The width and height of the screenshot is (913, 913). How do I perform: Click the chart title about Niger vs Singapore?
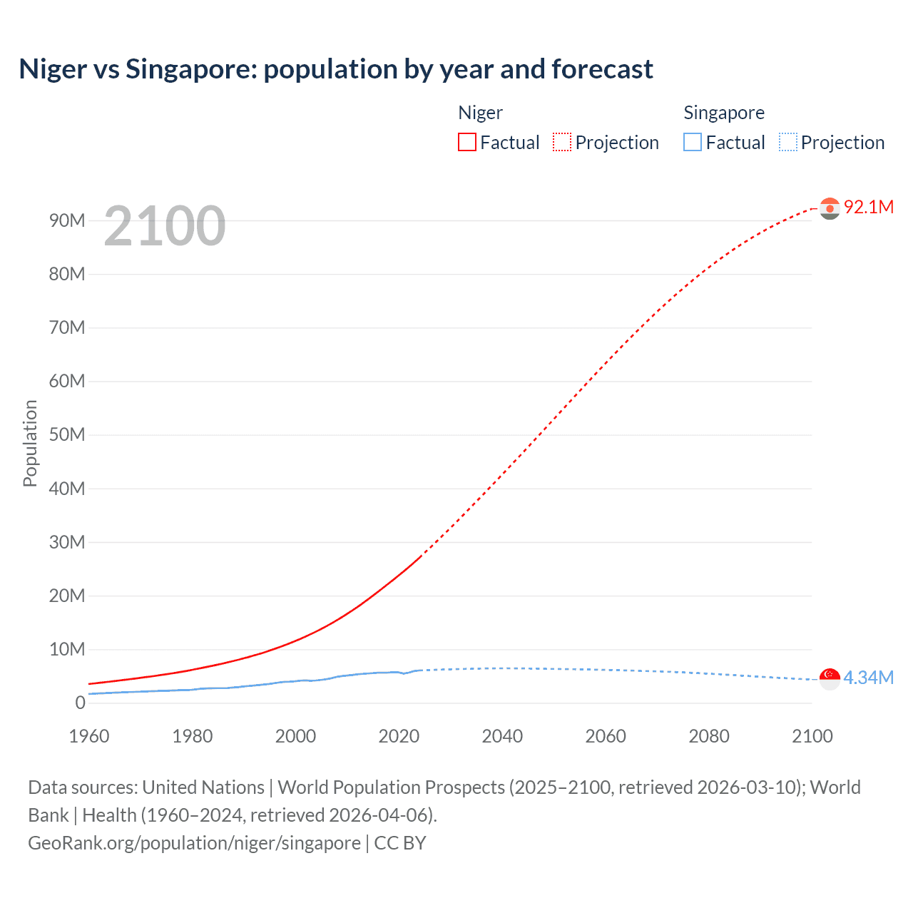[336, 69]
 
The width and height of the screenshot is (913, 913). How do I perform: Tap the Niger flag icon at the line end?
[830, 208]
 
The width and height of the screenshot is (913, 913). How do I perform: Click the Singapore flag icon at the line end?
[830, 678]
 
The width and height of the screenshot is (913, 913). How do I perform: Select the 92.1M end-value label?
[868, 207]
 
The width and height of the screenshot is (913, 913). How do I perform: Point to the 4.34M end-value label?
[868, 678]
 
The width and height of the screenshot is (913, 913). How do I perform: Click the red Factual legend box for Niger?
[467, 142]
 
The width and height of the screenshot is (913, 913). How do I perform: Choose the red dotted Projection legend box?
[562, 142]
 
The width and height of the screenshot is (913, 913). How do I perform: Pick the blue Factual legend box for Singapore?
[693, 142]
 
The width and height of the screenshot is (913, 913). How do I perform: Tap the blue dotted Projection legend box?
[788, 142]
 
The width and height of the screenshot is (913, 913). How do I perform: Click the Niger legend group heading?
[480, 113]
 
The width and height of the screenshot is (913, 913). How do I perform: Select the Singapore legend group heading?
[724, 113]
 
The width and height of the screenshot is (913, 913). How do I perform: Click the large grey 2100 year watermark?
[165, 226]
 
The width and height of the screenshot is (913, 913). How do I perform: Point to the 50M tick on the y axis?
[67, 435]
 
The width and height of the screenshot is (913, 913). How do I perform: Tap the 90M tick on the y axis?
[67, 220]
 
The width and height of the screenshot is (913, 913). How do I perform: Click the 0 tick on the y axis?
[80, 703]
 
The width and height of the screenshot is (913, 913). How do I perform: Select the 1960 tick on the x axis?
[89, 736]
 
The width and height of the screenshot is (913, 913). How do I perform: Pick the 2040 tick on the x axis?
[502, 736]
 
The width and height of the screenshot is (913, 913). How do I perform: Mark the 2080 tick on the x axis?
[709, 736]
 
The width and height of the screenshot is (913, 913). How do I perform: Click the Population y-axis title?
[30, 443]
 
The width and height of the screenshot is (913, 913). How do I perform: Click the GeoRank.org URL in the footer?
[194, 842]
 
